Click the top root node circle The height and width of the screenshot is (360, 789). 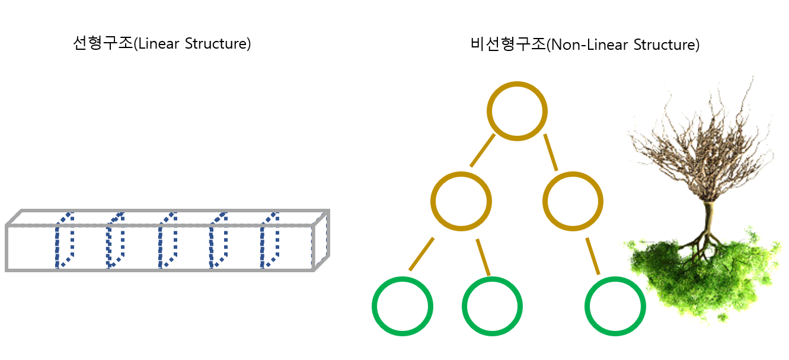517,111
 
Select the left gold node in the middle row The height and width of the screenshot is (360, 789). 461,201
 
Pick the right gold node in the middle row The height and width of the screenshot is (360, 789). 573,201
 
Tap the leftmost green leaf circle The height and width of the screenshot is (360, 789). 403,306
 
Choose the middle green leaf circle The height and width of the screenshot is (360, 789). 492,306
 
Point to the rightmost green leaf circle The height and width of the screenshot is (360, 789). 615,306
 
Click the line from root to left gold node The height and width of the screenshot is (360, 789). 483,151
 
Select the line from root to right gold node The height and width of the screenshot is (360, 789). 551,152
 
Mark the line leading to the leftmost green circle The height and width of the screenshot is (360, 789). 421,254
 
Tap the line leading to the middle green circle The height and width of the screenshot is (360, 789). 483,257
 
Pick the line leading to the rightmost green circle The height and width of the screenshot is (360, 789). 593,256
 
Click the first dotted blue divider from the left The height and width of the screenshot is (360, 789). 64,240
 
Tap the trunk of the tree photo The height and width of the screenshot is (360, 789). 707,219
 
